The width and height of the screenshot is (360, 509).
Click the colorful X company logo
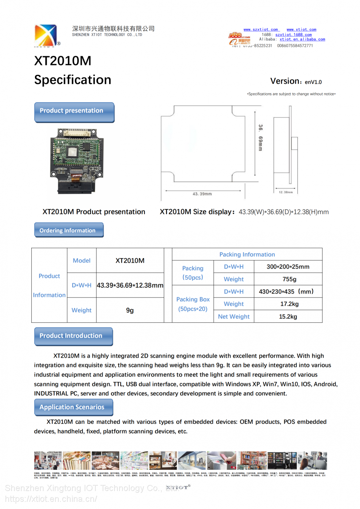[x=46, y=35]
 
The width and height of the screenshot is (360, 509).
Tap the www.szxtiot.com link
[x=261, y=29]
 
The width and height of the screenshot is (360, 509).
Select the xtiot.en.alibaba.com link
[x=302, y=39]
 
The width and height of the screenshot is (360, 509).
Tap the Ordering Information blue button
[x=69, y=230]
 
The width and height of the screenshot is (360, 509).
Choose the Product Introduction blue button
[x=73, y=336]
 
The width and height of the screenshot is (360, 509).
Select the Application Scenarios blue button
[x=73, y=407]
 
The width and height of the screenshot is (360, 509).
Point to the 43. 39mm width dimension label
[x=202, y=194]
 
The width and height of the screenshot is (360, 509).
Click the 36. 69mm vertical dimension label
[x=260, y=137]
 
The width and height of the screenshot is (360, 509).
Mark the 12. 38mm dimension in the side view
[x=285, y=192]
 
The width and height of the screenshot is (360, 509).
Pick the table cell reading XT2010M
[x=130, y=260]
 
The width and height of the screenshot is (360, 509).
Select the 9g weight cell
[x=130, y=310]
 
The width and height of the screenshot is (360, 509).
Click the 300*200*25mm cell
[x=288, y=267]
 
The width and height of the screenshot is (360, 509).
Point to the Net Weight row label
[x=234, y=317]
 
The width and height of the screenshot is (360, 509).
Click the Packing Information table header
[x=247, y=254]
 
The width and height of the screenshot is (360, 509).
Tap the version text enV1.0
[x=313, y=82]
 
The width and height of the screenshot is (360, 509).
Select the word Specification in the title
[x=73, y=80]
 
